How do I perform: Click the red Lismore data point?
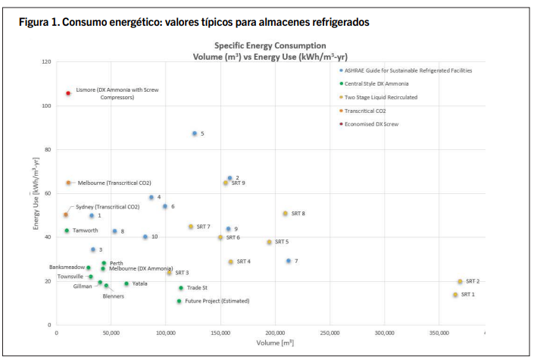click(68, 93)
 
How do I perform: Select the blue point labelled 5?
click(195, 133)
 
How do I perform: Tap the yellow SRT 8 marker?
click(286, 214)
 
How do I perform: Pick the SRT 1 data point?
click(455, 295)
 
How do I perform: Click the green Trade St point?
click(181, 288)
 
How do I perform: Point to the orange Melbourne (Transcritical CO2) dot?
click(68, 183)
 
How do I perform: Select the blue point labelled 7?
click(289, 261)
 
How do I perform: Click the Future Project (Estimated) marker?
click(180, 301)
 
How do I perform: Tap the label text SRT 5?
click(282, 242)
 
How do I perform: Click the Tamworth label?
click(86, 230)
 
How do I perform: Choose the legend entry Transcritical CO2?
click(371, 111)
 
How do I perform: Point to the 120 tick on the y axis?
click(47, 61)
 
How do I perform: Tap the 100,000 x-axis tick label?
click(167, 333)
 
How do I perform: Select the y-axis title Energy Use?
click(36, 194)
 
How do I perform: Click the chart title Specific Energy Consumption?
click(270, 46)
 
